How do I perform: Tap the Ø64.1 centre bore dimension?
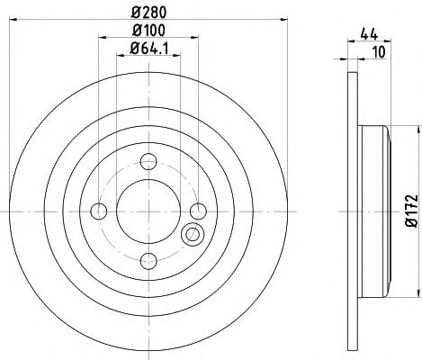click(149, 52)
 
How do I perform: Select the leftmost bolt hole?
click(99, 211)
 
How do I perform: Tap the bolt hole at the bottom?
click(149, 261)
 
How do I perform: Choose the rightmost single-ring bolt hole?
click(200, 211)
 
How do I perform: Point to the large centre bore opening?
click(149, 211)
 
